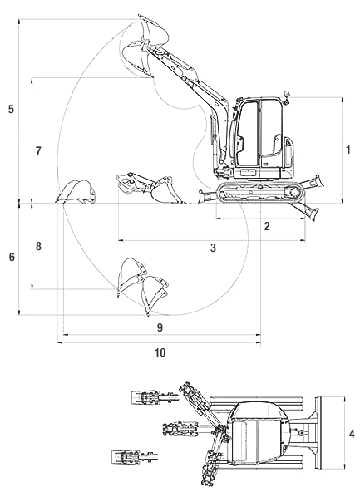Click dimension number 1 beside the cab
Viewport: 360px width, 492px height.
(x=348, y=150)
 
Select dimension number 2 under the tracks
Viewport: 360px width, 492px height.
(x=267, y=226)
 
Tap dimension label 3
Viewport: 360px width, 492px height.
(x=213, y=248)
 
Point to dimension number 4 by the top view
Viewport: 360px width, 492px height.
(x=352, y=434)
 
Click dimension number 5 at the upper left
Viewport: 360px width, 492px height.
(x=12, y=109)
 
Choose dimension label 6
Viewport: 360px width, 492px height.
(x=12, y=258)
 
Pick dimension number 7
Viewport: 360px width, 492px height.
(x=38, y=151)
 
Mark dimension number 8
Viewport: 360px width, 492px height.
(x=38, y=246)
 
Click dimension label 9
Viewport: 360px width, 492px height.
(x=160, y=327)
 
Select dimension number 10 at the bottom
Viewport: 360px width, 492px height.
(x=160, y=352)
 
